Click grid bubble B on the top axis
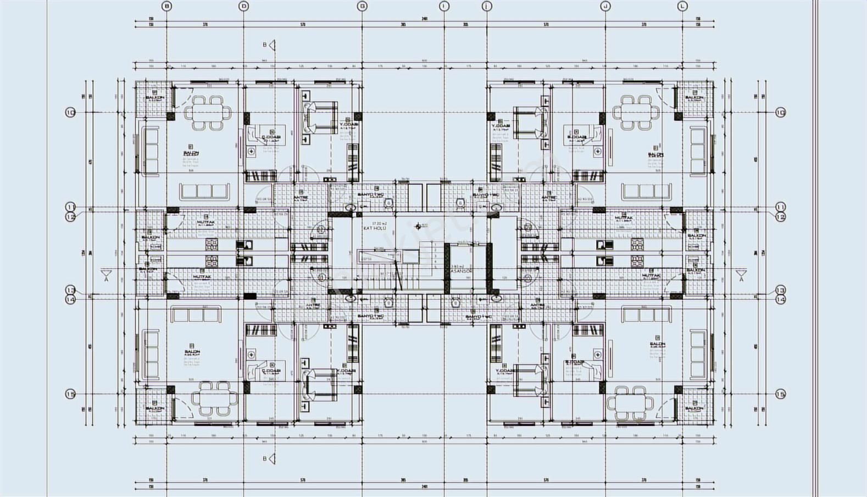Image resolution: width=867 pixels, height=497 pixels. pos(167,6)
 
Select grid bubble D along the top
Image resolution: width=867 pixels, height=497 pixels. pos(244,6)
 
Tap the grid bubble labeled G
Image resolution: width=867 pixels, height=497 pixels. pos(362,6)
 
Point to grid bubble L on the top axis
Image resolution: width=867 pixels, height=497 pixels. pos(682,6)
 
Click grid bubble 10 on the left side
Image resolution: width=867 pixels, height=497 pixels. pos(70,113)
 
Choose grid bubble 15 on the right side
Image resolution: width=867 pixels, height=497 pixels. pos(780,394)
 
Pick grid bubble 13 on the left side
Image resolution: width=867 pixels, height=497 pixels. pos(70,290)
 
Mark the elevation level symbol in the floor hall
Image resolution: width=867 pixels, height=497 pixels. pos(420,225)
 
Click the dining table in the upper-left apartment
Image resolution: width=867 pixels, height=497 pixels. pos(204,113)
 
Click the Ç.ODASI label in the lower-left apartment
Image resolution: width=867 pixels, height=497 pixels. pos(270,371)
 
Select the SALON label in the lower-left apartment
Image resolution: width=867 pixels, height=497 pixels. pos(192,351)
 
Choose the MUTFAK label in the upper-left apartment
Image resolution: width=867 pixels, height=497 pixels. pos(205,223)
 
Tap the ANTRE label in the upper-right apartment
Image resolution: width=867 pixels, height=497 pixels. pos(547,197)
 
